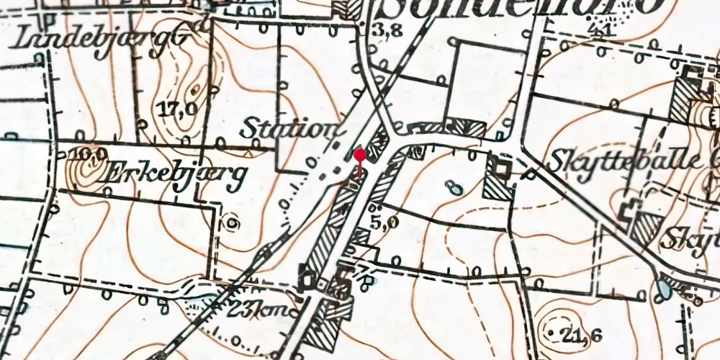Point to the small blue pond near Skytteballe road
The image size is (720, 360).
click(x=454, y=187)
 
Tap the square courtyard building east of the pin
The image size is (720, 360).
click(x=499, y=167)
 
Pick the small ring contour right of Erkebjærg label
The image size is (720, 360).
click(x=232, y=222)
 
